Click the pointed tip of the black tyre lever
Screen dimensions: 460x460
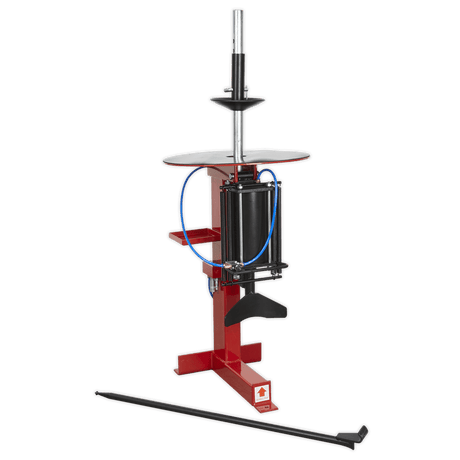click(x=96, y=389)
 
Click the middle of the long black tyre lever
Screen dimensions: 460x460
click(x=225, y=412)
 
